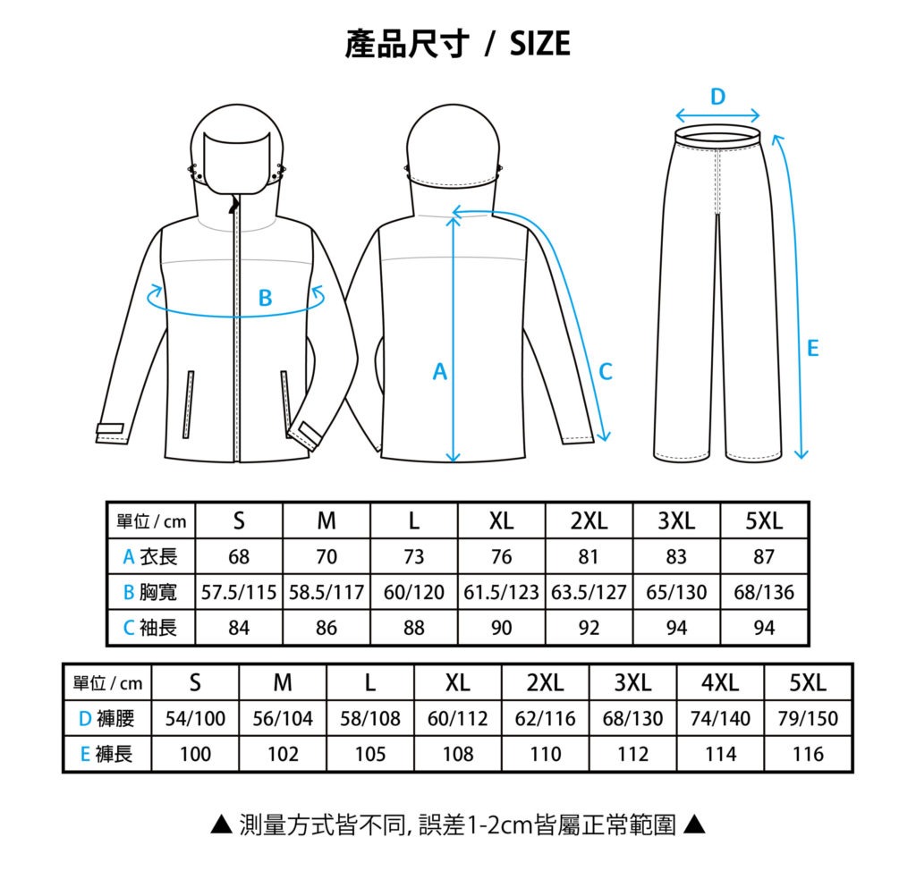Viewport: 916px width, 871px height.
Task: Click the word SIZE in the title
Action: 539,44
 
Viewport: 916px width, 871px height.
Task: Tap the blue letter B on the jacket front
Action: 265,298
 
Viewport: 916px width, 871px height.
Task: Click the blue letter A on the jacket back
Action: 439,371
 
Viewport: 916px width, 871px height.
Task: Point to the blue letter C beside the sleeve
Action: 606,371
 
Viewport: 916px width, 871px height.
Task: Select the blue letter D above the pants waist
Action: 717,97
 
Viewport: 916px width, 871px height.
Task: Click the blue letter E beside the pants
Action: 812,348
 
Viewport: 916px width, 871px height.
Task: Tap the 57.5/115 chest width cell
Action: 239,592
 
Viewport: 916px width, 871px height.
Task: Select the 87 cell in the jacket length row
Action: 764,557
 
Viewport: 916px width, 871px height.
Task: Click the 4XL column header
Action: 720,682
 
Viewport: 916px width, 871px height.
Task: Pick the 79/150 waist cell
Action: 808,718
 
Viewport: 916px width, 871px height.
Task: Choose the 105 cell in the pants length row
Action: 370,754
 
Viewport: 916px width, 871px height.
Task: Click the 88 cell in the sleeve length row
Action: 413,628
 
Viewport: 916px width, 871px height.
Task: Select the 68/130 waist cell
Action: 632,718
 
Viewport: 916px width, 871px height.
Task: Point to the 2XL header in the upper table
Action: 589,520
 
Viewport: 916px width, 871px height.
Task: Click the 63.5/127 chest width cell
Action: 589,592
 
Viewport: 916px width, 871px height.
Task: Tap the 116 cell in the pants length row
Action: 808,754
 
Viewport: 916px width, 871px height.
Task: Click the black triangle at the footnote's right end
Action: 694,824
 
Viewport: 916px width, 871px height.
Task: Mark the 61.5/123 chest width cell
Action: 501,592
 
